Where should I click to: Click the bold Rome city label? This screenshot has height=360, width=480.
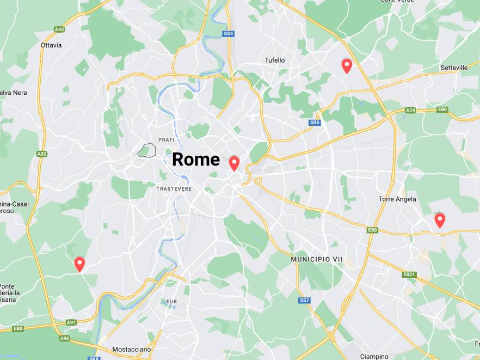[196, 160]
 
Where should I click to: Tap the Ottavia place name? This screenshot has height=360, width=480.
[51, 45]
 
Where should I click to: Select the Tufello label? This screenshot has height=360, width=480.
[274, 60]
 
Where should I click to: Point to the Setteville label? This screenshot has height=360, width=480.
[454, 68]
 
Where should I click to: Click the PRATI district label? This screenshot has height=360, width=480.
[166, 140]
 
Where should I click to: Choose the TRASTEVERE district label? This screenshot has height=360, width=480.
[174, 188]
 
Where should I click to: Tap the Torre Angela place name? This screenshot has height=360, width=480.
[397, 199]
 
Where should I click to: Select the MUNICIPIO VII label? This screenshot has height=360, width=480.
[316, 259]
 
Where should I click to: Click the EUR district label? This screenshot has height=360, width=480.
[172, 301]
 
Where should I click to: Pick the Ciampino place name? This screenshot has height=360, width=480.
[374, 356]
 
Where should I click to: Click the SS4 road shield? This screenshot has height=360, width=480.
[229, 34]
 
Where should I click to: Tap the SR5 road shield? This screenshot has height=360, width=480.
[315, 123]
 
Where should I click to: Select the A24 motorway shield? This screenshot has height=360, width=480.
[410, 111]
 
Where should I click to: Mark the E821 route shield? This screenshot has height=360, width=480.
[409, 274]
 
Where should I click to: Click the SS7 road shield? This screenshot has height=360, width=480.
[304, 300]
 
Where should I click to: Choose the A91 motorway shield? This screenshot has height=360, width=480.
[71, 322]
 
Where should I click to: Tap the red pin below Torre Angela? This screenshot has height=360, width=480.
[440, 220]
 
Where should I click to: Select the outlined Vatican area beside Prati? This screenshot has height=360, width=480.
[146, 150]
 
